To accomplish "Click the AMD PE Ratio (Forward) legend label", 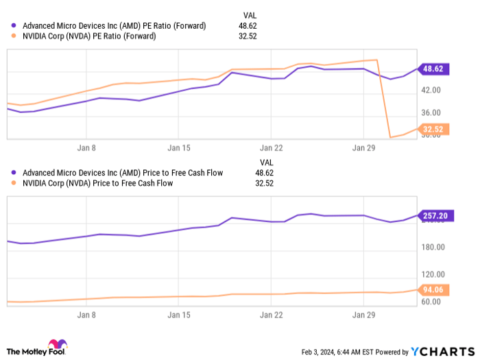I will [114, 26].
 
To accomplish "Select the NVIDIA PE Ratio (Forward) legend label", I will [89, 36].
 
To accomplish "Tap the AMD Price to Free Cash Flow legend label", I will [122, 173].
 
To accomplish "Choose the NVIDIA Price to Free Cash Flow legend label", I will [97, 183].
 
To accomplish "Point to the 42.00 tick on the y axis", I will [431, 90].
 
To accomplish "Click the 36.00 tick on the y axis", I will [431, 113].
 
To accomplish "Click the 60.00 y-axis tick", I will [431, 302].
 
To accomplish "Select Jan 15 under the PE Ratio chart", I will [179, 147].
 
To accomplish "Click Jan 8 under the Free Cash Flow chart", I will [86, 315].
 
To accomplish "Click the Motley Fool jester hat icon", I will [57, 344].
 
